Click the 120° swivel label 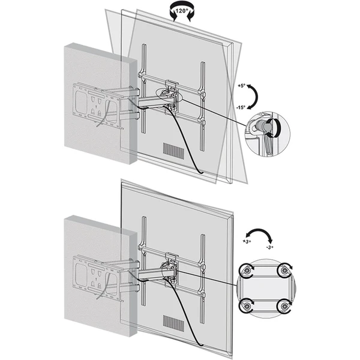coord(182,11)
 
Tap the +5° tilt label coord(242,86)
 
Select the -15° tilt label coord(241,107)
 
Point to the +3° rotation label coord(247,242)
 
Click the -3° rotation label coord(270,247)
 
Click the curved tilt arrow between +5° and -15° coord(257,96)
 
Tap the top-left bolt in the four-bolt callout coord(247,271)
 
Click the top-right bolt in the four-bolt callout coord(284,270)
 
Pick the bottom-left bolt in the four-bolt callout coord(247,306)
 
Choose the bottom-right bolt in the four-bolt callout coord(284,306)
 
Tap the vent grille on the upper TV coord(173,151)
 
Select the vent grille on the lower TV coord(173,323)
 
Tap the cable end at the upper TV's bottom coord(201,172)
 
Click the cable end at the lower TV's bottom coord(201,345)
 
